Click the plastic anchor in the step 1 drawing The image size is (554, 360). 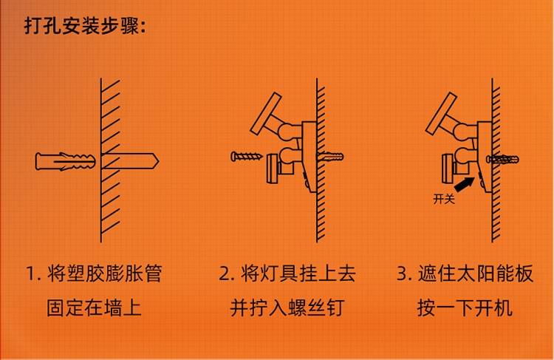click(65, 161)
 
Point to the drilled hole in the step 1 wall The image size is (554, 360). click(130, 161)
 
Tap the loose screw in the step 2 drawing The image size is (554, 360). click(247, 156)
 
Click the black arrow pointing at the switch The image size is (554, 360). click(464, 184)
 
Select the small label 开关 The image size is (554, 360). click(444, 199)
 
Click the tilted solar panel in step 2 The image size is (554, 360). click(266, 114)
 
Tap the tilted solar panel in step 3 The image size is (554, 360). click(441, 114)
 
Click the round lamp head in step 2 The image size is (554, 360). click(273, 169)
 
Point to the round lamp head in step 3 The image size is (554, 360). click(448, 169)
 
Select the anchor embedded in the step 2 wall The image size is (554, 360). click(330, 156)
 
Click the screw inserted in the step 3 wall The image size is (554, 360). click(503, 159)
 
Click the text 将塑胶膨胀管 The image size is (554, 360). click(105, 274)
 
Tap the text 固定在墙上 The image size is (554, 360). click(94, 308)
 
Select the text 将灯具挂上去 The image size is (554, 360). click(298, 274)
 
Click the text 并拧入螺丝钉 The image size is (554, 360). click(287, 308)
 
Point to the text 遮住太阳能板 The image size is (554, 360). click(475, 274)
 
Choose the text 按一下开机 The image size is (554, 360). click(465, 308)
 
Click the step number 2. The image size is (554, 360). click(225, 274)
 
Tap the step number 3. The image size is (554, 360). click(403, 274)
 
